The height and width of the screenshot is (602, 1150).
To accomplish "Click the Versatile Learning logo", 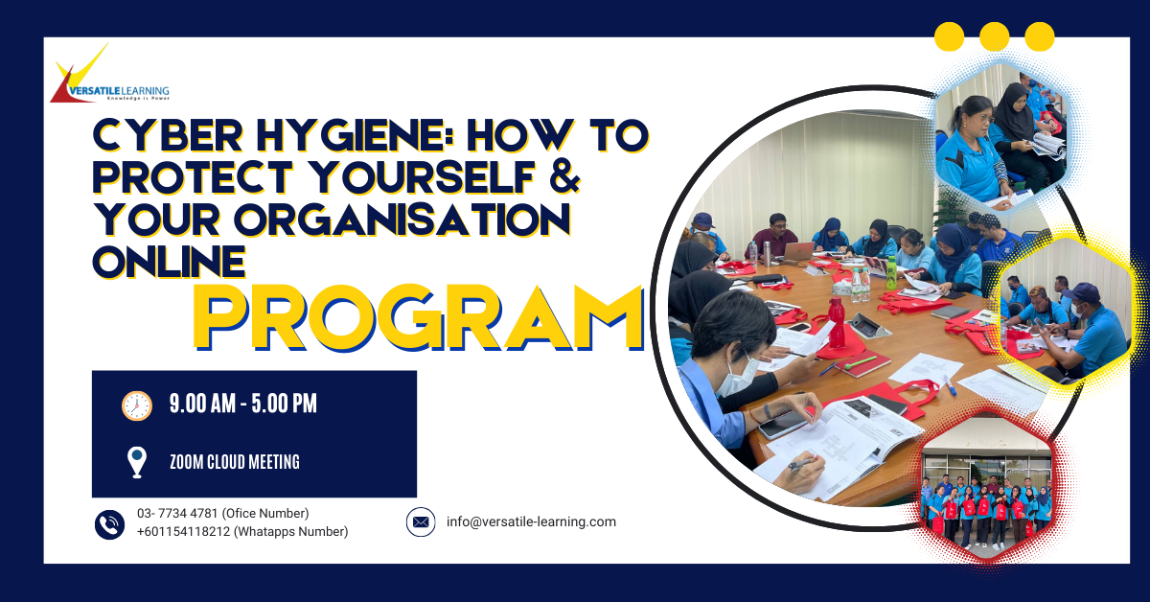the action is (109, 74).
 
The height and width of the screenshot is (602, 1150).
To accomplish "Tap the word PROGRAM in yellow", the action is (419, 318).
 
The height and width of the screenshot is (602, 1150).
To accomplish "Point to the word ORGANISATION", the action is (402, 220).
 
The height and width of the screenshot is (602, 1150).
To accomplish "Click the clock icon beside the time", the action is (136, 405).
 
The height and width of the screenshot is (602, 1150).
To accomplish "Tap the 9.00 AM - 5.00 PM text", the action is (242, 404).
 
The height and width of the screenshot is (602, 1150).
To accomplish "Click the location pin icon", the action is (136, 462).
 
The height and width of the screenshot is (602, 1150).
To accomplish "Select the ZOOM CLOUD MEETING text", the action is (235, 462).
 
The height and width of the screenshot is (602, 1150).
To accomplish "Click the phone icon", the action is (109, 524).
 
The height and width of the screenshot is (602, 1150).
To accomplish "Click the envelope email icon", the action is (421, 521).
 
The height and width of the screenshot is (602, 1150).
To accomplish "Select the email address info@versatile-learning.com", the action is (531, 521).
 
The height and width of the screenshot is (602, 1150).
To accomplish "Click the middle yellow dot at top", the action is (995, 36).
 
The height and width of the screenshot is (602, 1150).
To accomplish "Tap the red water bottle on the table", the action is (837, 323).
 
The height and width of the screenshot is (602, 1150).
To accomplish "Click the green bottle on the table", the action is (891, 272).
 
